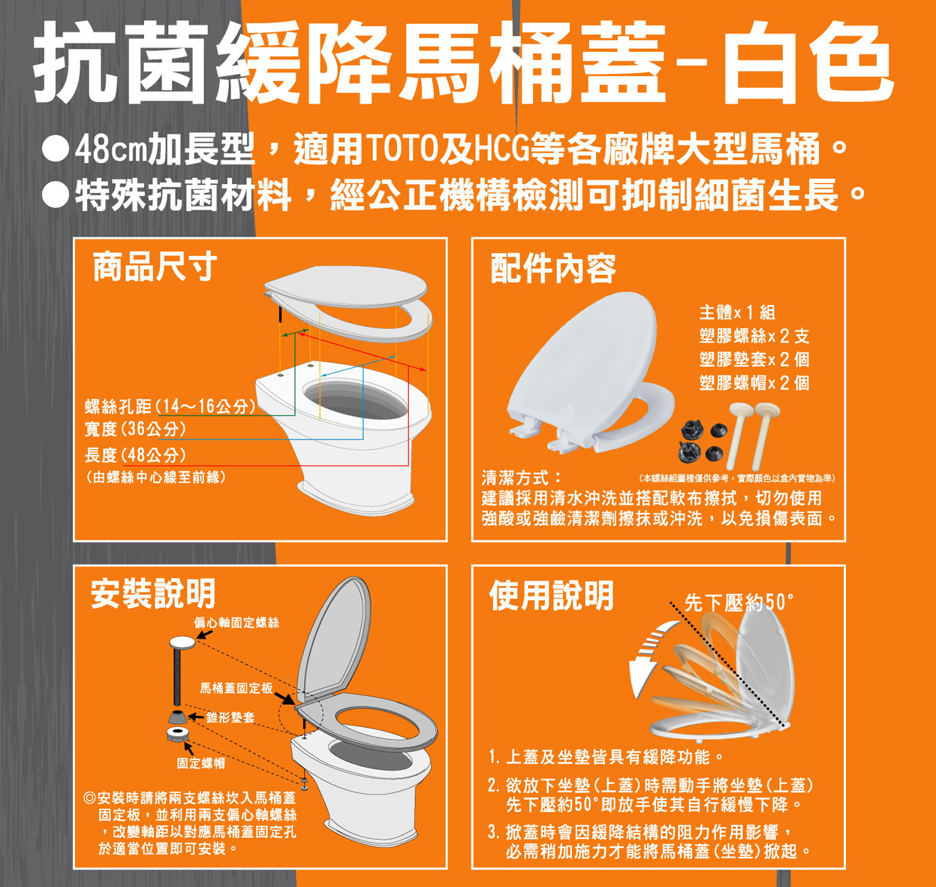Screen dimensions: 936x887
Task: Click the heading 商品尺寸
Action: tap(155, 267)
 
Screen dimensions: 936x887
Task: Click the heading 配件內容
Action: tap(553, 268)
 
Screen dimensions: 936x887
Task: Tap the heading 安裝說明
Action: tap(153, 593)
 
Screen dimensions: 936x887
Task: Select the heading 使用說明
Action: tap(551, 596)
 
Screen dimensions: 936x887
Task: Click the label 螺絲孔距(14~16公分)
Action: tap(170, 406)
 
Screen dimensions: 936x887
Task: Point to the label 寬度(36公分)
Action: tap(135, 429)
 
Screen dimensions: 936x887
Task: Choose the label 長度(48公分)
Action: tap(135, 455)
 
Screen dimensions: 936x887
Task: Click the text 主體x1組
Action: tap(738, 312)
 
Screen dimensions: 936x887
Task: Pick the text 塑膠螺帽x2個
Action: tap(754, 383)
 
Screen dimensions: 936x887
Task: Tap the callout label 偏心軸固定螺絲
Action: tap(236, 623)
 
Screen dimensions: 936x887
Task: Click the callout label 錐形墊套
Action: tap(230, 717)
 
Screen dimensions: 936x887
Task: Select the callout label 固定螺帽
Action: tap(201, 764)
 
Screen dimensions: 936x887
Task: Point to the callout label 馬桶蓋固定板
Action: tap(236, 688)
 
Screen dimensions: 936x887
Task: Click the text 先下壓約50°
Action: tap(739, 603)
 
